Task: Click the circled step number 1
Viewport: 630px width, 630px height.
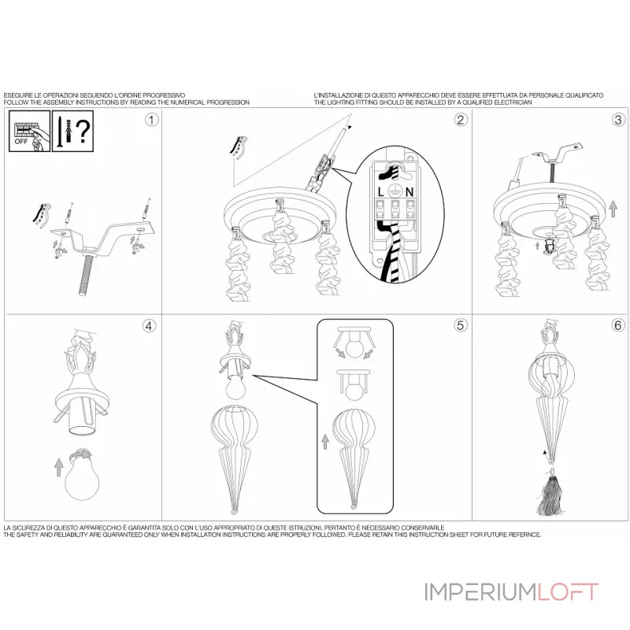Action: (x=152, y=120)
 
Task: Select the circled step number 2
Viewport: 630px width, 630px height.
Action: (x=461, y=120)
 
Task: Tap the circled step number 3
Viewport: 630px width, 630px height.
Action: (x=619, y=120)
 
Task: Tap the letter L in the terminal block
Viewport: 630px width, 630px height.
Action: (x=383, y=192)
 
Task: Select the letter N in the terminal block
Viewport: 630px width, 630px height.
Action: (x=411, y=192)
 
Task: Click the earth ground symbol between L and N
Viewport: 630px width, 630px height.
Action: (x=397, y=192)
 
